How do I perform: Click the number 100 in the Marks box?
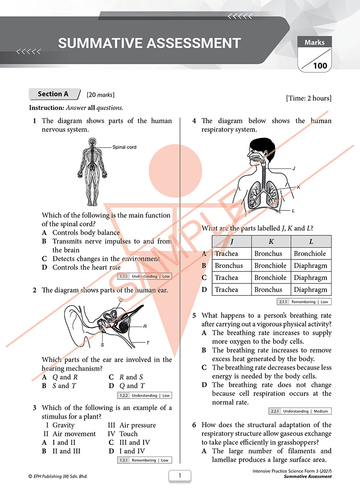pyautogui.click(x=320, y=66)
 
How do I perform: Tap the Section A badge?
pyautogui.click(x=54, y=94)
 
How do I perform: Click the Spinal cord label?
pyautogui.click(x=124, y=147)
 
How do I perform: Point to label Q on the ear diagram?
pyautogui.click(x=121, y=300)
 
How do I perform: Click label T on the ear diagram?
pyautogui.click(x=148, y=343)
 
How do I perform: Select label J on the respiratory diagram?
pyautogui.click(x=294, y=168)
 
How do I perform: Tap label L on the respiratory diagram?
pyautogui.click(x=293, y=211)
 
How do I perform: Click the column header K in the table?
pyautogui.click(x=271, y=241)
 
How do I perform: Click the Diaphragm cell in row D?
pyautogui.click(x=311, y=289)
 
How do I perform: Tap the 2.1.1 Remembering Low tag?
pyautogui.click(x=304, y=302)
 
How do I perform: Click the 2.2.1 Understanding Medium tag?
pyautogui.click(x=300, y=411)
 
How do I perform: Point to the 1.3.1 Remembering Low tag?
pyautogui.click(x=144, y=460)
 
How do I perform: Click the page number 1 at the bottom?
pyautogui.click(x=180, y=476)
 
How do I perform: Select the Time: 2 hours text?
pyautogui.click(x=309, y=98)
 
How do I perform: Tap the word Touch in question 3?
pyautogui.click(x=129, y=433)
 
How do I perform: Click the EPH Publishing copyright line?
pyautogui.click(x=58, y=476)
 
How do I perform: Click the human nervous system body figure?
pyautogui.click(x=92, y=172)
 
